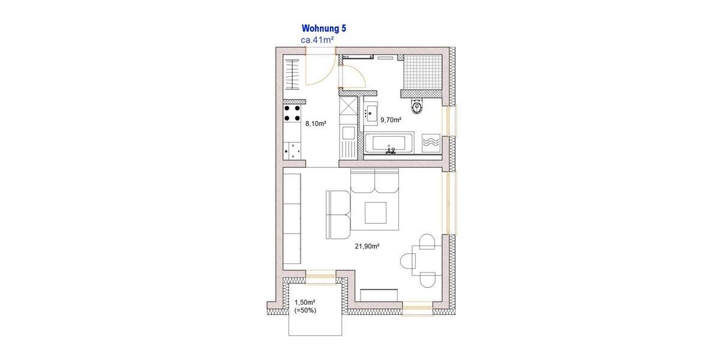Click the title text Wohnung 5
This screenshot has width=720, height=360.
(323, 28)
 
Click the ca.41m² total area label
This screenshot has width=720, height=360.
(317, 40)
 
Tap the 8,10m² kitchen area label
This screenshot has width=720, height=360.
(316, 124)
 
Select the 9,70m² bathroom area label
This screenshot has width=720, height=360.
(391, 120)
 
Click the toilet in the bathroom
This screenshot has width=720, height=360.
(417, 106)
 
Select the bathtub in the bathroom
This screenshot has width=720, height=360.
(389, 144)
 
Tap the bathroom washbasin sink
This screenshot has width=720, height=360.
(370, 112)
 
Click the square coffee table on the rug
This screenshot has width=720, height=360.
(378, 212)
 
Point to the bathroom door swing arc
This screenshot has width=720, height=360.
(353, 76)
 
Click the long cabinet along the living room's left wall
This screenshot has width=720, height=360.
(292, 217)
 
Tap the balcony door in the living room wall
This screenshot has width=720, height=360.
(320, 274)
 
